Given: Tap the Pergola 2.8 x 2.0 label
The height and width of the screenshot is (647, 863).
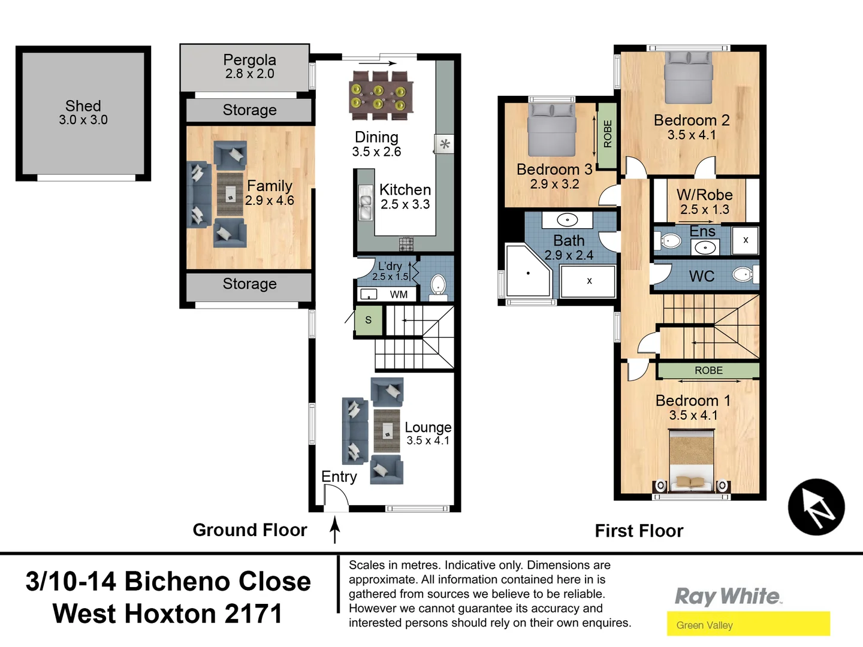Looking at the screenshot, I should click(249, 66).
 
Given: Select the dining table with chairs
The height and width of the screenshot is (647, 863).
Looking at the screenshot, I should click(381, 95).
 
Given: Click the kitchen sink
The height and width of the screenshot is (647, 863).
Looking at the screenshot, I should click(365, 203).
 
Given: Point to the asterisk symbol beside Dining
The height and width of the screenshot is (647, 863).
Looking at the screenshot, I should click(445, 144).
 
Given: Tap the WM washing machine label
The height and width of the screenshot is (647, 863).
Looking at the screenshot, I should click(399, 294).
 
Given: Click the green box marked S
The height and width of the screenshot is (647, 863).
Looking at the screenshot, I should click(368, 320).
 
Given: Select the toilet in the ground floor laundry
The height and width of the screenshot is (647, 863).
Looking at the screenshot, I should click(438, 285).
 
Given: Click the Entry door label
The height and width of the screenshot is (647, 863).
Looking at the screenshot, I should click(339, 476).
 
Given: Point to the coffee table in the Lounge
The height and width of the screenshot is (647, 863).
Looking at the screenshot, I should click(387, 430).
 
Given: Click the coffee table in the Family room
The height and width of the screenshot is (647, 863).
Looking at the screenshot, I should click(230, 194).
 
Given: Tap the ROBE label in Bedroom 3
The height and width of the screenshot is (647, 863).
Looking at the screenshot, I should click(608, 134).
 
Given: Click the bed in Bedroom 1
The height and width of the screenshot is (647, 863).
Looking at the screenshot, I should click(691, 461).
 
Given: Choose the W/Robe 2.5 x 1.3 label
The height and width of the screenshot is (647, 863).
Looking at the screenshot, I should click(704, 201).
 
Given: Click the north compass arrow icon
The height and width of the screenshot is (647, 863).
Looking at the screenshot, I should click(816, 507).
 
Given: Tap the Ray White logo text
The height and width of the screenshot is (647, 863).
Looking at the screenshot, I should click(728, 596).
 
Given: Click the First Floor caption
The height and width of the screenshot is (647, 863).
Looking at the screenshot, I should click(639, 531).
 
